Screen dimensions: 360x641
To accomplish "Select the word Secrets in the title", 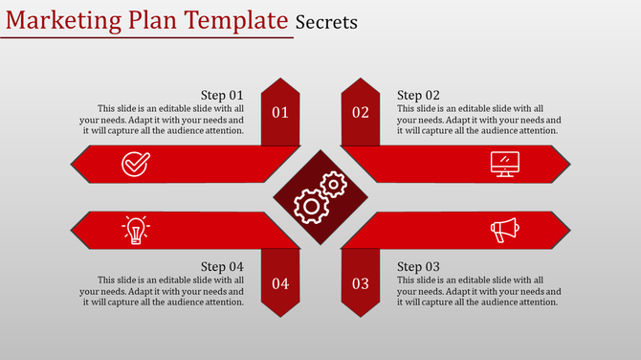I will coord(327,21).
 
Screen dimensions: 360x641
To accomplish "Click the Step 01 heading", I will coord(222,95).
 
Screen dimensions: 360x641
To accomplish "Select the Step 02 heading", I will coord(419,95).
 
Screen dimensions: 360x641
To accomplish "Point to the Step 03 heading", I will coord(419,266).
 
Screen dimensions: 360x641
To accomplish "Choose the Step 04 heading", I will coord(222,266).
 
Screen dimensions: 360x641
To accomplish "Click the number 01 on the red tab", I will coord(280,113).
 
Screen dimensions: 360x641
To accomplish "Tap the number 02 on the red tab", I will coord(361,113).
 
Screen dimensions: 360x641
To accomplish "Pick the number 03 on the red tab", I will coord(361,283).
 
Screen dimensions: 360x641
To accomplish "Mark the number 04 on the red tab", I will coord(280,283).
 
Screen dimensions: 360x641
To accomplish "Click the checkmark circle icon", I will coord(136,165).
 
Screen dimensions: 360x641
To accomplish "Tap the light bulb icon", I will coord(136,229).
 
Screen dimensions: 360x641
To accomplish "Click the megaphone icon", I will coord(504,229).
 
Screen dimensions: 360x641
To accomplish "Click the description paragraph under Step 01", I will coord(167,120).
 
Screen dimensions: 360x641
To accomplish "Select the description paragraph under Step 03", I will coord(478,290).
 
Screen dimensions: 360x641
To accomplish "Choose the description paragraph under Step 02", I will coord(478,120).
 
